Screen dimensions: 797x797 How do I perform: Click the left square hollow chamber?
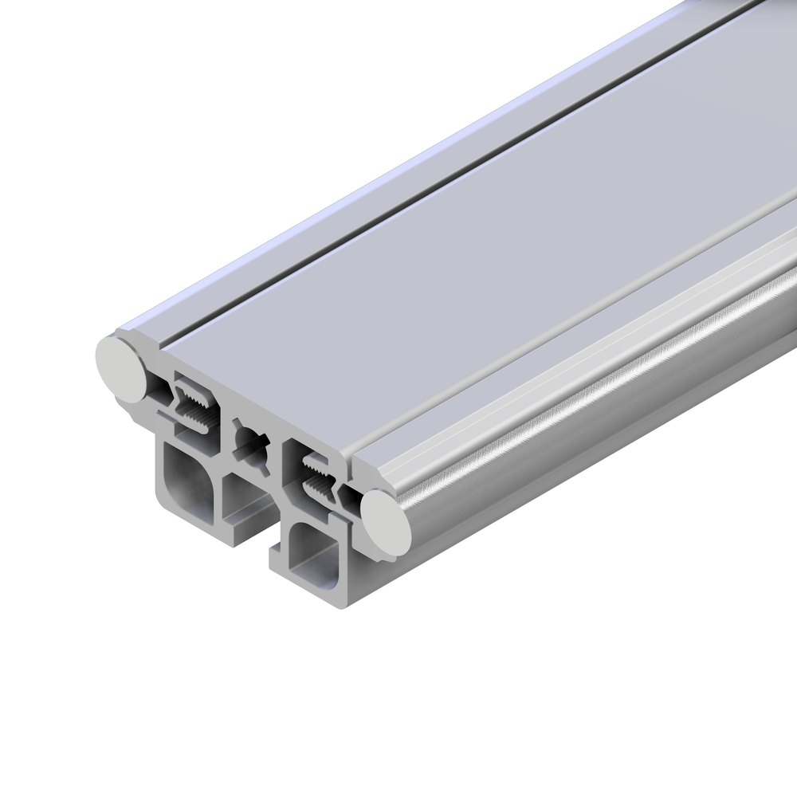coord(191,478)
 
